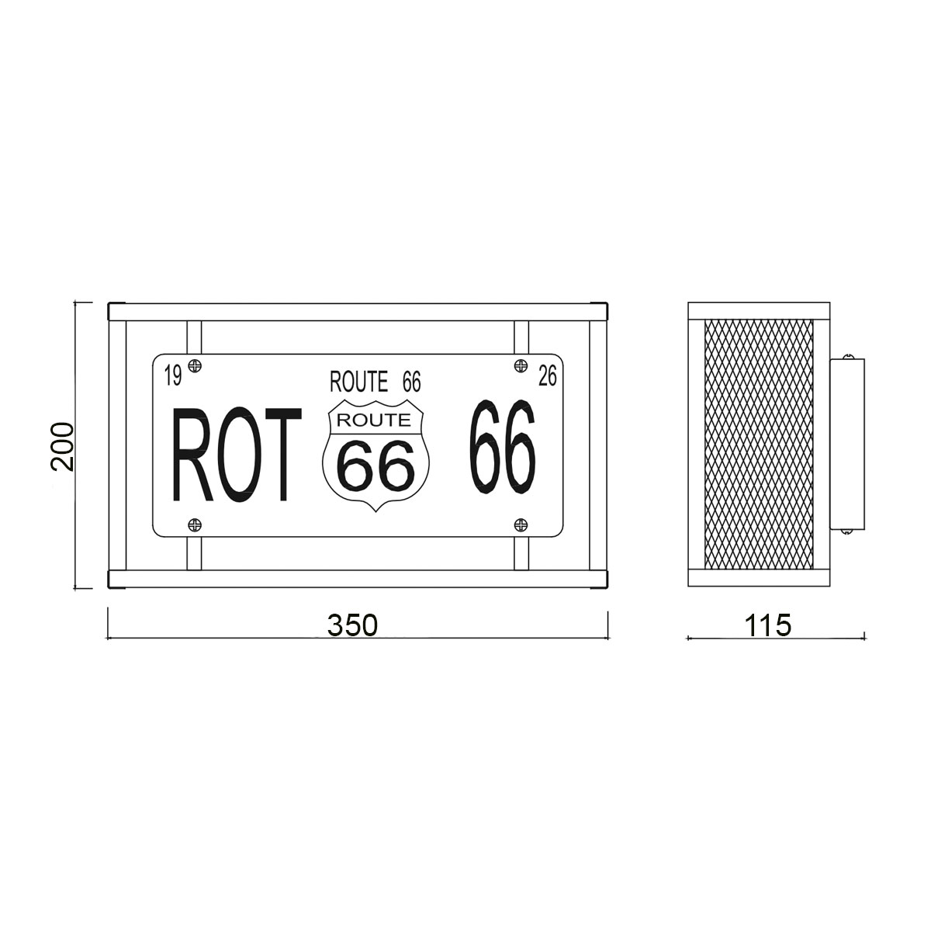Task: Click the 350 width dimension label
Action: click(x=352, y=625)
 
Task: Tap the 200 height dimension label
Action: click(x=63, y=446)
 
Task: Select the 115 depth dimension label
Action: click(x=768, y=625)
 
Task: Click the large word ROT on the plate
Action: click(x=237, y=454)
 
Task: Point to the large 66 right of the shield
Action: click(x=503, y=446)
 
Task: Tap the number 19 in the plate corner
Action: click(x=173, y=376)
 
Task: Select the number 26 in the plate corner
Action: click(x=548, y=376)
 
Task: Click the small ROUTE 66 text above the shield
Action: click(x=376, y=382)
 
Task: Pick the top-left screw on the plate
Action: click(x=195, y=365)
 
